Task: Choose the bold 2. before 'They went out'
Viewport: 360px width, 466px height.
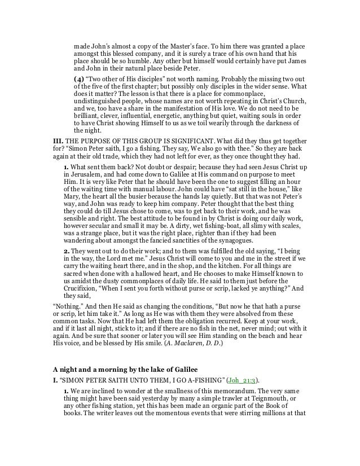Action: tap(66, 262)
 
